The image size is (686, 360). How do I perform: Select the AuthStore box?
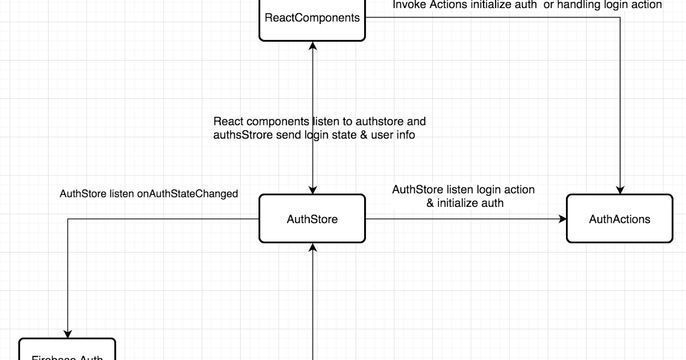click(312, 219)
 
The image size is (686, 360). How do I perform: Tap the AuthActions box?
click(620, 219)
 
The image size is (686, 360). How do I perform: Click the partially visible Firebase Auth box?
click(67, 350)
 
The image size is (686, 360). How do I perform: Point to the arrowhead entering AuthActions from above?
click(620, 190)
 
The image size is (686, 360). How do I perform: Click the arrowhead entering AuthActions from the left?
click(563, 219)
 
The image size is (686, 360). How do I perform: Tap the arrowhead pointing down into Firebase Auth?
click(68, 334)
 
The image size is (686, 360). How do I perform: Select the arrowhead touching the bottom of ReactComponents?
click(313, 46)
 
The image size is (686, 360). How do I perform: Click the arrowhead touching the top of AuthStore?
click(313, 190)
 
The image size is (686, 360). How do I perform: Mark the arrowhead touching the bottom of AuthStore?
click(313, 247)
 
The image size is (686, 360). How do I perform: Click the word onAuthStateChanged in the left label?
click(188, 194)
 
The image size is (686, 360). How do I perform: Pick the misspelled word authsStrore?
click(240, 135)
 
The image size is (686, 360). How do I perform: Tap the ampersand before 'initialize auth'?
click(430, 203)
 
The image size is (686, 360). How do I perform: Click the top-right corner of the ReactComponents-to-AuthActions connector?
click(620, 17)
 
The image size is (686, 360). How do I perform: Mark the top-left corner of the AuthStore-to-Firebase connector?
click(68, 219)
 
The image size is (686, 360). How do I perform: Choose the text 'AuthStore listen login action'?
click(463, 190)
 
